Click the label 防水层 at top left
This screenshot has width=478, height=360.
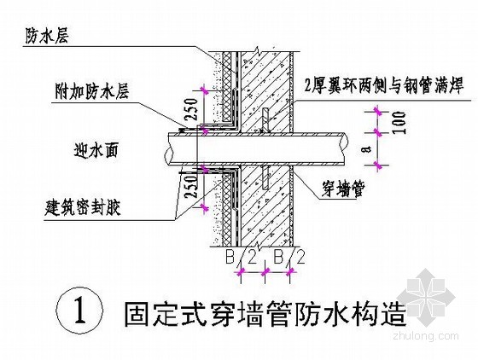46,36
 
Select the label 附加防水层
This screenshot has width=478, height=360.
91,91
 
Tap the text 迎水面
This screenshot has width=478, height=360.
96,150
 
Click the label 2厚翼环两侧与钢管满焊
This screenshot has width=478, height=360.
383,85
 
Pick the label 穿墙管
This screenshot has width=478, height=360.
342,189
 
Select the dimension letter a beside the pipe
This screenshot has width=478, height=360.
369,149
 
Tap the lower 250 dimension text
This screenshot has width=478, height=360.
191,187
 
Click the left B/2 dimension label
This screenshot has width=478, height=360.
241,258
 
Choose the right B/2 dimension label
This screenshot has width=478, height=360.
289,257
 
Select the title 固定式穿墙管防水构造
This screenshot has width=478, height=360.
265,314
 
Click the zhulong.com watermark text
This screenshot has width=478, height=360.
426,337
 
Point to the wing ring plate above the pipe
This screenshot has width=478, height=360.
265,119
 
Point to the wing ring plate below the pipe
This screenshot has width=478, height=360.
265,177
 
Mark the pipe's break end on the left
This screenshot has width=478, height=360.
168,149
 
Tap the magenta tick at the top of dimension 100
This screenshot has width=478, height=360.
378,111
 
